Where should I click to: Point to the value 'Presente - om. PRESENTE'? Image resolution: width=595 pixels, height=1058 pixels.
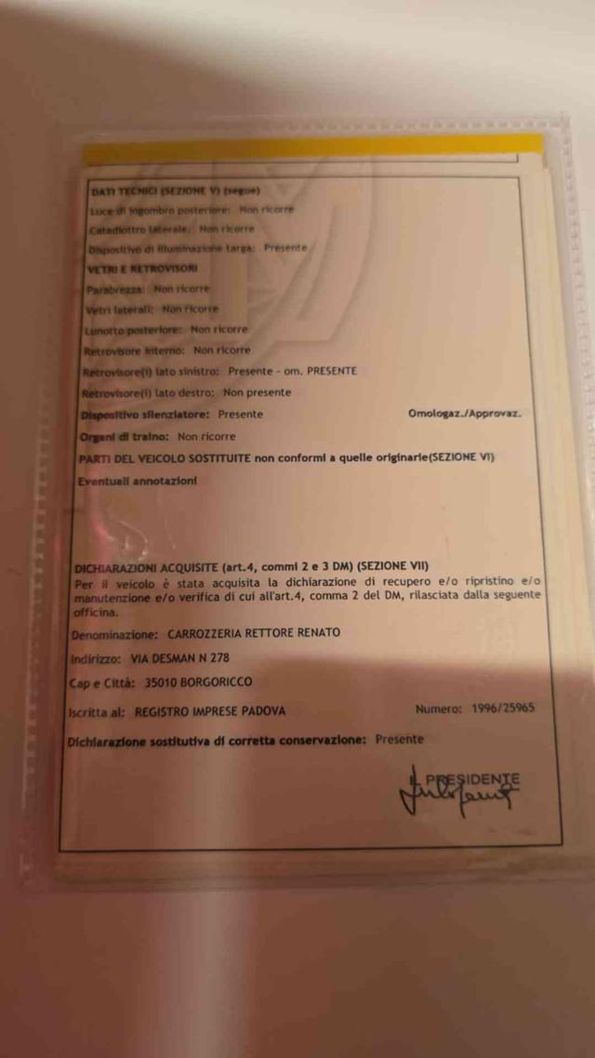tap(292, 370)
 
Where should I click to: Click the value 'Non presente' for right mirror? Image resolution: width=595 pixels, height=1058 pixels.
tap(257, 392)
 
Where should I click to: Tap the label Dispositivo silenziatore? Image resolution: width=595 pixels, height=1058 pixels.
tap(146, 414)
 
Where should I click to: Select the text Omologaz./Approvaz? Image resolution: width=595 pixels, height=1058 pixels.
tap(464, 413)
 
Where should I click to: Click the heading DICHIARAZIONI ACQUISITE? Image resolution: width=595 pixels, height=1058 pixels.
tap(144, 566)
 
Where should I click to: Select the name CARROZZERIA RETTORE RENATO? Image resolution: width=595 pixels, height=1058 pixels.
tap(254, 633)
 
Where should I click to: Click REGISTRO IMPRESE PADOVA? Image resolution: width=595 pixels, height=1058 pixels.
tap(210, 711)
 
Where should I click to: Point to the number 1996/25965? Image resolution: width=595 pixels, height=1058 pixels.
tap(501, 708)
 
